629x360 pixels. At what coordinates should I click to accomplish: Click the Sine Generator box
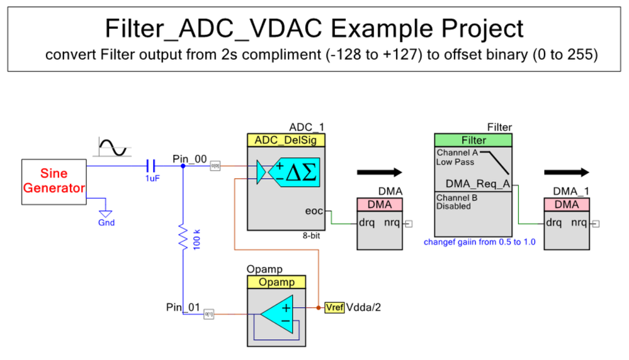[x=54, y=181]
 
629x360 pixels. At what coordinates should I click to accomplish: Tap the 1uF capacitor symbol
[x=150, y=166]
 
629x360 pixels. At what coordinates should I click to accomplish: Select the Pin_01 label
[x=182, y=308]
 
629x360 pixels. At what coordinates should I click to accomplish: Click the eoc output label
[x=315, y=211]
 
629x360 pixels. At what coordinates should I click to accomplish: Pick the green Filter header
[x=473, y=140]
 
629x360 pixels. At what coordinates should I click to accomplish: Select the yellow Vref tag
[x=334, y=308]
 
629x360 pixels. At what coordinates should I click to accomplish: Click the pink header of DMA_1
[x=567, y=205]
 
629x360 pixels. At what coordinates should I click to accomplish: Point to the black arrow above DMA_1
[x=567, y=172]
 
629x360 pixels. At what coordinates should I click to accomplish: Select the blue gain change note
[x=479, y=242]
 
